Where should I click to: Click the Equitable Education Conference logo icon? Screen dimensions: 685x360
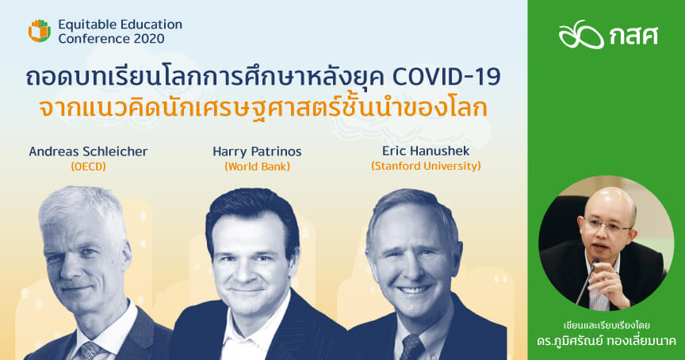40,31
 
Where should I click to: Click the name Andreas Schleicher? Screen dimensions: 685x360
88,151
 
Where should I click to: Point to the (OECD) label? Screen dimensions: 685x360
88,167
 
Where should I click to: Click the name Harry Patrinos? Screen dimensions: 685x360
257,151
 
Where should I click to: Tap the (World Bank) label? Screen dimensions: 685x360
257,167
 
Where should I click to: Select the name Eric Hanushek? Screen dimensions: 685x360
426,151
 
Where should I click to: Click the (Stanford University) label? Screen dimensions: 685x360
426,166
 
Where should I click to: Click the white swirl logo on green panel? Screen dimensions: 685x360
581,34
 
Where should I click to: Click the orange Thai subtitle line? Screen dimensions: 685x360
263,109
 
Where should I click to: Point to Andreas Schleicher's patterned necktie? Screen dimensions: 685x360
90,350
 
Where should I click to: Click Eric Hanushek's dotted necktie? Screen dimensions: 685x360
411,348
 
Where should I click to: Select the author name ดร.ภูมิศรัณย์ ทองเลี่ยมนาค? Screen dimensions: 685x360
607,341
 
